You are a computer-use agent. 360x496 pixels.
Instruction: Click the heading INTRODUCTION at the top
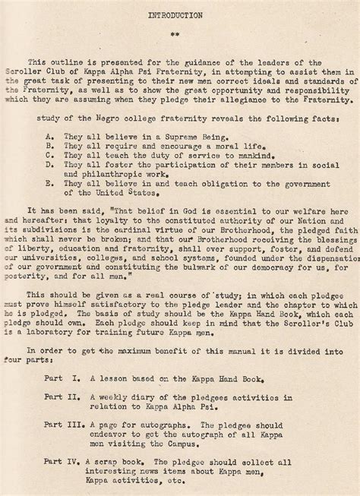pyautogui.click(x=181, y=14)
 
